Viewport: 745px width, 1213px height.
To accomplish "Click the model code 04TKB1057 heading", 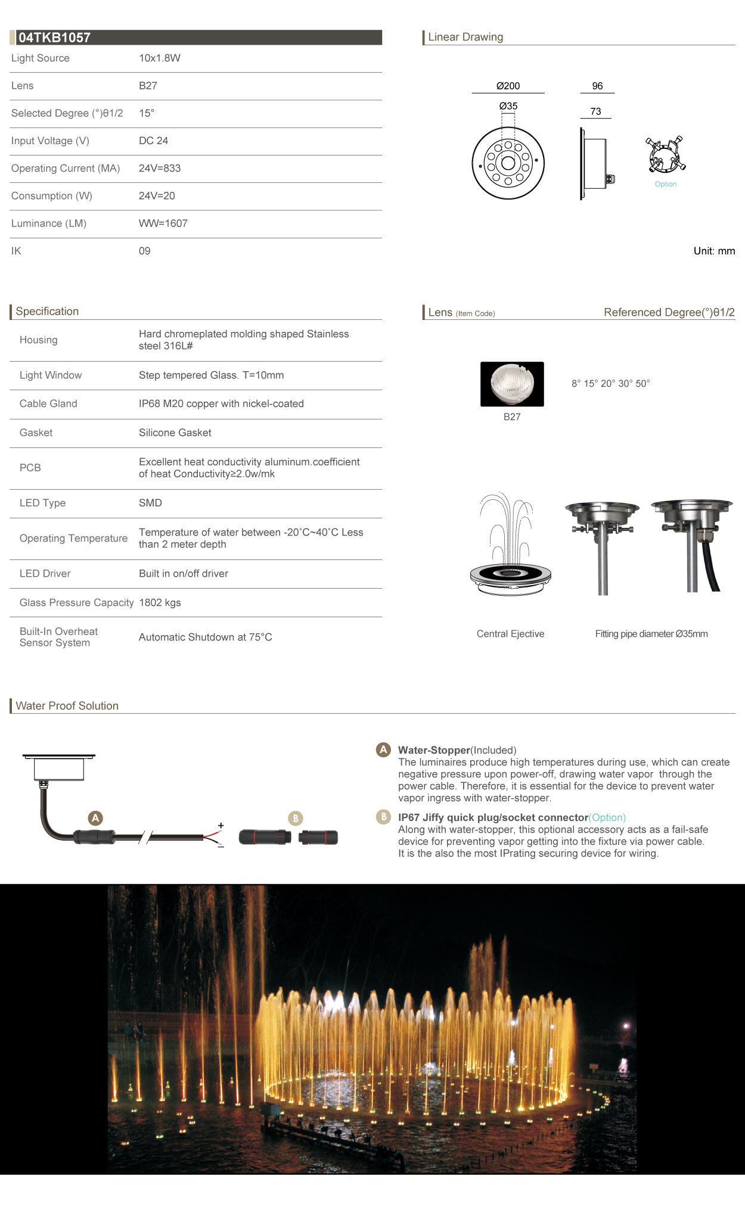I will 54,38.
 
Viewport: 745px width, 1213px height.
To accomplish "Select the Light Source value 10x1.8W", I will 159,58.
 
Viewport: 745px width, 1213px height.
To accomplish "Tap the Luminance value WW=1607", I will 163,223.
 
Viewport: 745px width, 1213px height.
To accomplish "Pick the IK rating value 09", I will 144,251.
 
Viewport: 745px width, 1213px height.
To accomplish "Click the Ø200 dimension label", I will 508,86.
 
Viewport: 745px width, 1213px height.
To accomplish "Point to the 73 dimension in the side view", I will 595,111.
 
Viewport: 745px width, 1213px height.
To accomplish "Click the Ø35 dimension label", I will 508,106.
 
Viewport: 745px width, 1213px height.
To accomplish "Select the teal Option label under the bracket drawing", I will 665,184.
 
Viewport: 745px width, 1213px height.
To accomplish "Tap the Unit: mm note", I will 713,251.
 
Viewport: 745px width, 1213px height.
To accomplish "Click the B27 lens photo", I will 512,384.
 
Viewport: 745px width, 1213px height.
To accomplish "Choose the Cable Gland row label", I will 48,403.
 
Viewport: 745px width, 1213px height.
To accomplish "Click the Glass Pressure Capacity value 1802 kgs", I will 160,602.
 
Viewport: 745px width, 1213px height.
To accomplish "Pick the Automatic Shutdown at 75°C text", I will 205,637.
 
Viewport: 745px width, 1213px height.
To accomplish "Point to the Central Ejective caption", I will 510,634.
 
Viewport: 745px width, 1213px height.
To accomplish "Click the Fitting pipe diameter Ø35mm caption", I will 651,634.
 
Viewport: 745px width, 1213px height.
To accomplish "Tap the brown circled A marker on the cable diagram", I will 95,818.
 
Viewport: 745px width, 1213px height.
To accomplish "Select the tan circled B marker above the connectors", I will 295,818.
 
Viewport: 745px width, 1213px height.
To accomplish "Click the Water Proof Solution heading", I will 67,705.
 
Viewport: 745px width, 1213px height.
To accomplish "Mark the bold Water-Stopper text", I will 434,750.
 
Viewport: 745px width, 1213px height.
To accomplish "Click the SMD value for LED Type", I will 150,503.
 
